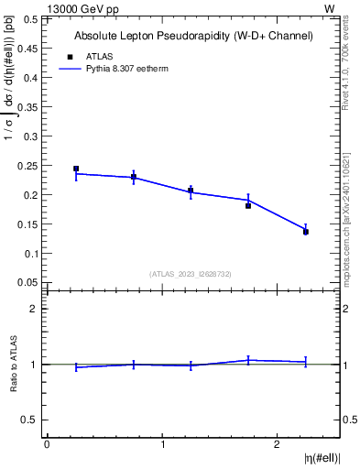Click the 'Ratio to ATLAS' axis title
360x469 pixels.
[14, 364]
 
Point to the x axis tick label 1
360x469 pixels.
[162, 444]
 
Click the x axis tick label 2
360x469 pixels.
[278, 444]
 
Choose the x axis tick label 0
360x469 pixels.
[47, 444]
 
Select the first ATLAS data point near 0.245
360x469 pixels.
[76, 169]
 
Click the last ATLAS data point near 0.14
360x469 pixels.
[306, 232]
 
